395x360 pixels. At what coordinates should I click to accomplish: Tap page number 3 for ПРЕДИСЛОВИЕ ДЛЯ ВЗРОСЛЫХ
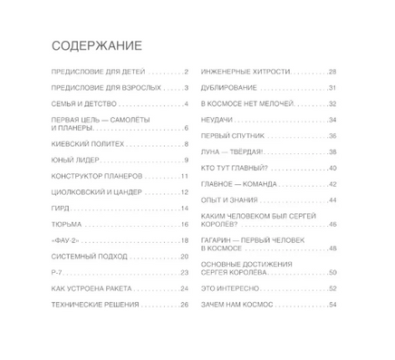pyautogui.click(x=185, y=88)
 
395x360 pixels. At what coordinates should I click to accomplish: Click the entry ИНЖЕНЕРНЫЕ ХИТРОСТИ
pyautogui.click(x=248, y=72)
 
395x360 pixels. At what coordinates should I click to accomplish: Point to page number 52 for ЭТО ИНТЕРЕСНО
pyautogui.click(x=332, y=287)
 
